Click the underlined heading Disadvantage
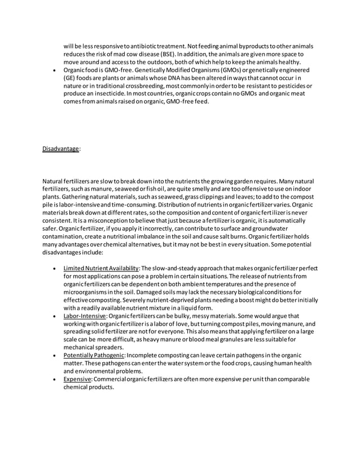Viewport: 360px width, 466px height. click(x=62, y=149)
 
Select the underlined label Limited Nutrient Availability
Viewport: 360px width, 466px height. click(x=102, y=267)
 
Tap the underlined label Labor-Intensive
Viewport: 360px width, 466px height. click(x=82, y=316)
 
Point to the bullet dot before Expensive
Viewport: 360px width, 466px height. click(x=53, y=380)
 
